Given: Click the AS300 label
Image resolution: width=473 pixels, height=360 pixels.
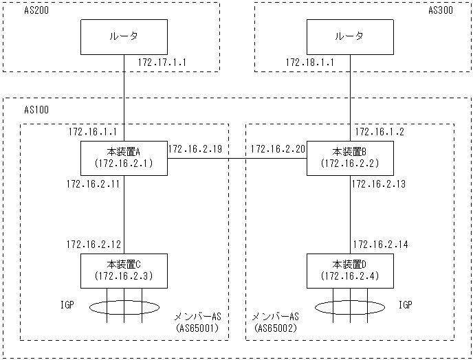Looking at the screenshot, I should coord(442,11).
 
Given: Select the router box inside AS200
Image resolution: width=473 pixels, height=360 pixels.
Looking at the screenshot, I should coord(124,37).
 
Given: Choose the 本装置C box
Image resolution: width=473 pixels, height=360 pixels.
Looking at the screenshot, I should coord(124,270).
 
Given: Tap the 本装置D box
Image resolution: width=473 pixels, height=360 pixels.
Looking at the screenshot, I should coord(350,270).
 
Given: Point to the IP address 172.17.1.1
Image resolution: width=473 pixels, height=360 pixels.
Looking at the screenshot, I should coord(162,63).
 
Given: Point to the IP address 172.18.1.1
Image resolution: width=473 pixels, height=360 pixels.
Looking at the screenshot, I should coord(309,63).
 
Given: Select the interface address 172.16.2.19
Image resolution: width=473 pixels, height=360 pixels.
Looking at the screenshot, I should coord(195,148).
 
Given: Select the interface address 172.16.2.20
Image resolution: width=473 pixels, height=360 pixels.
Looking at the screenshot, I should coord(278,148).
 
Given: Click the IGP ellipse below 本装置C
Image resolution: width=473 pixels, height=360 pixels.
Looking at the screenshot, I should coord(124,306).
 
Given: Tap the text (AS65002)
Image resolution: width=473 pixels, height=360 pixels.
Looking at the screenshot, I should coord(275,328).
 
